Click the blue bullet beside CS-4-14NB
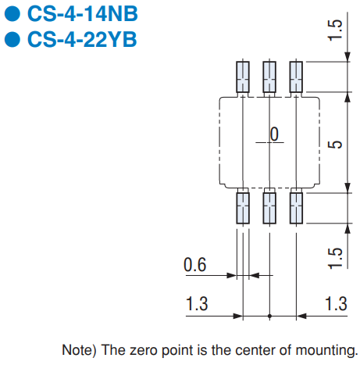12,14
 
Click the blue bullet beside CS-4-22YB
12,39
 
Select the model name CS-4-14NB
82,14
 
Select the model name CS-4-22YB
82,39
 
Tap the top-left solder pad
243,77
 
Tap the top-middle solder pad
269,77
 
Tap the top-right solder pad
296,77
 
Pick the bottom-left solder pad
243,208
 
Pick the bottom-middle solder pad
269,208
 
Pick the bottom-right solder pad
296,208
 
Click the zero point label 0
274,134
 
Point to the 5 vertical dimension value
335,145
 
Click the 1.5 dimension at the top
335,30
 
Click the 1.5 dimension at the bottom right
335,258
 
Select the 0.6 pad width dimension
194,265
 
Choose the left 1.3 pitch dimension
197,304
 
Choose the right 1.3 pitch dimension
336,304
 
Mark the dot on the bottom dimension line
269,317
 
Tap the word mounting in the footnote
326,350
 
